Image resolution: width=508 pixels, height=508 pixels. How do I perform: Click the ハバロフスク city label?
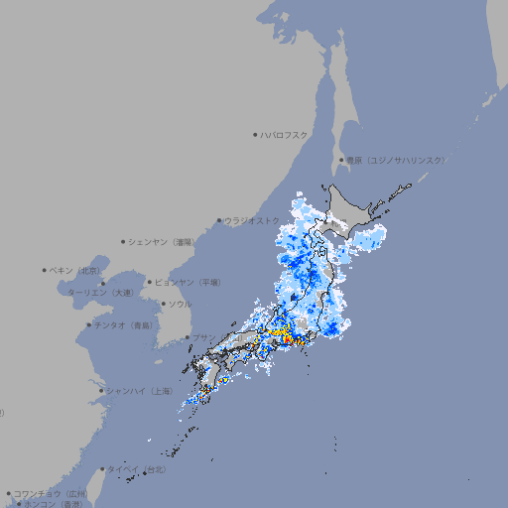coord(284,134)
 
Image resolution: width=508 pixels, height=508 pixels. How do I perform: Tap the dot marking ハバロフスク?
coord(255,134)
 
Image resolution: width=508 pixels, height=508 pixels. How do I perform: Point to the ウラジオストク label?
coord(252,220)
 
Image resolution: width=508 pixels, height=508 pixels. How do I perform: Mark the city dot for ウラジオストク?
coord(219,220)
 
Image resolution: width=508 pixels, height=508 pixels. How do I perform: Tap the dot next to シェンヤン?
coord(124,241)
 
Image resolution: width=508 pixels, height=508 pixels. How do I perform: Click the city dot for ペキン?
coord(45,270)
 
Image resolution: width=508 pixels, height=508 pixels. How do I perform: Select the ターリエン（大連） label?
coord(99,293)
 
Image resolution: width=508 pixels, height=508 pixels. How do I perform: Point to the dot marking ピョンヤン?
coord(151,282)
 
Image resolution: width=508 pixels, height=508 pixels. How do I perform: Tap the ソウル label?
coord(180,304)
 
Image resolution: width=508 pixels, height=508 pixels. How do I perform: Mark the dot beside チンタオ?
coord(88,324)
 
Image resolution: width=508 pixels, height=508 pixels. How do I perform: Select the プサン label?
coord(203,337)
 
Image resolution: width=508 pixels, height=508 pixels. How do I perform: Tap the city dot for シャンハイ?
coord(101,390)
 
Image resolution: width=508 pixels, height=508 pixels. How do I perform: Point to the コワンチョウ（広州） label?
coord(50,493)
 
